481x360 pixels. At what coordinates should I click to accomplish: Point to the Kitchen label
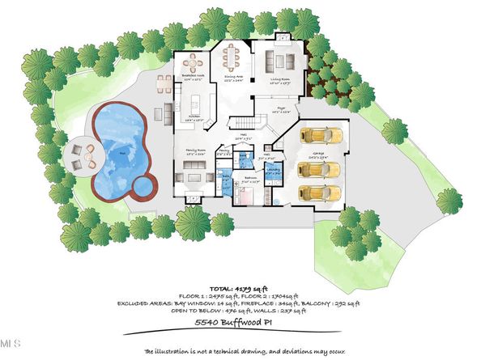pyautogui.click(x=194, y=117)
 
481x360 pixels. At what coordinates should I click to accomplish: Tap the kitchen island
pyautogui.click(x=195, y=103)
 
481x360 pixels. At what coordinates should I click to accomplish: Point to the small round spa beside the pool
pyautogui.click(x=143, y=187)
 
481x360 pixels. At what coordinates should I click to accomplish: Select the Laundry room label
pyautogui.click(x=275, y=171)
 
